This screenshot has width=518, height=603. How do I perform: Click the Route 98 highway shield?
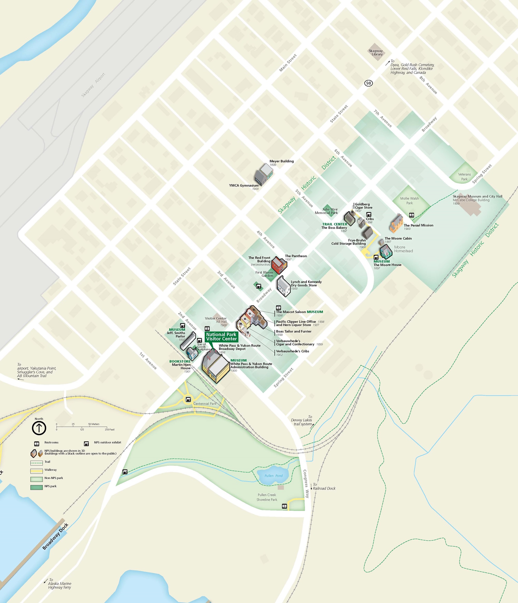[369, 83]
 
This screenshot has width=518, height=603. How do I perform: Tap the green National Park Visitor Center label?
[221, 337]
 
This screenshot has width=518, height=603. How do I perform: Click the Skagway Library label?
[376, 52]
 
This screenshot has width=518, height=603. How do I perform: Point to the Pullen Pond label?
[274, 475]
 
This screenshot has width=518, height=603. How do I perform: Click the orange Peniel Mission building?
[396, 224]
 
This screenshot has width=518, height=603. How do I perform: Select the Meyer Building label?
[281, 161]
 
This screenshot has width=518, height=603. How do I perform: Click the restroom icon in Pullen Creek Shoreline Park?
[284, 506]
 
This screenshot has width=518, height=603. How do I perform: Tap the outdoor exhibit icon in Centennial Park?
[188, 399]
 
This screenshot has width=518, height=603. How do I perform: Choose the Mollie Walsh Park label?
[409, 201]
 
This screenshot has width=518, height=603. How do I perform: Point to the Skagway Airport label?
[93, 85]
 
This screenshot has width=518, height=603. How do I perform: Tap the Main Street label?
[288, 63]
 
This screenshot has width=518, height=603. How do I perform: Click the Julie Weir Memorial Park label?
[326, 211]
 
